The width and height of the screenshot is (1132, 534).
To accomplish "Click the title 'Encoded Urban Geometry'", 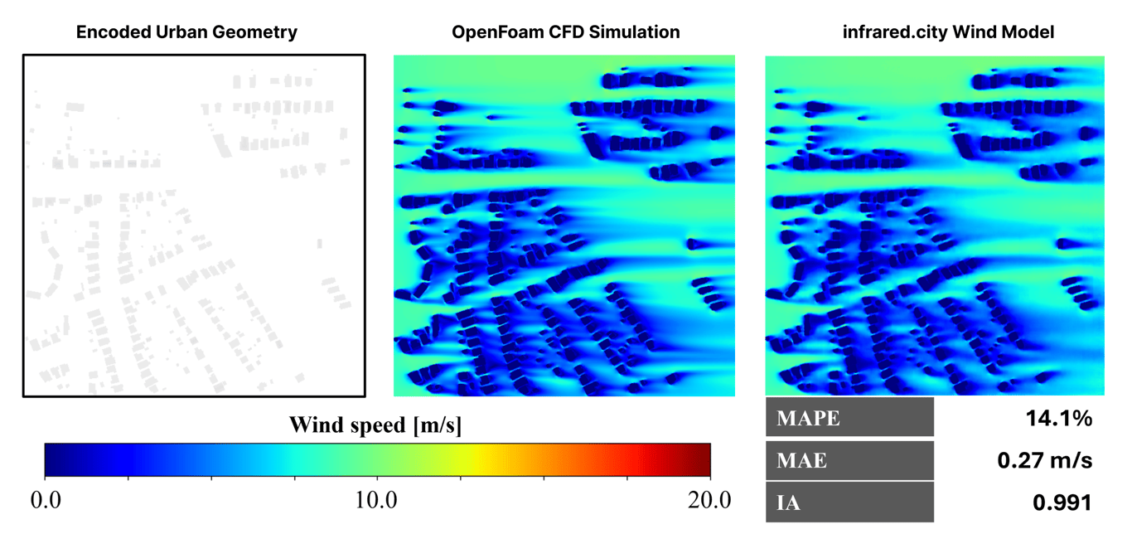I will pyautogui.click(x=186, y=33).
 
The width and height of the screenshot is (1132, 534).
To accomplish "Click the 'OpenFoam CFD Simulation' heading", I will pyautogui.click(x=566, y=33).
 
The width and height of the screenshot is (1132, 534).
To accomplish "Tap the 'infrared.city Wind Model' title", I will pyautogui.click(x=935, y=33).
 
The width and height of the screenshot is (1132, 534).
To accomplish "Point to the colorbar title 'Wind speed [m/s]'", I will pyautogui.click(x=375, y=426).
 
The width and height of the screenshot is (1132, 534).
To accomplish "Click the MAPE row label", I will pyautogui.click(x=808, y=419).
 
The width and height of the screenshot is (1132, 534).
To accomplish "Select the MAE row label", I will pyautogui.click(x=801, y=460).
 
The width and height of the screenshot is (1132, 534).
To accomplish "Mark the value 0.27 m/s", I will pyautogui.click(x=1045, y=460).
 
